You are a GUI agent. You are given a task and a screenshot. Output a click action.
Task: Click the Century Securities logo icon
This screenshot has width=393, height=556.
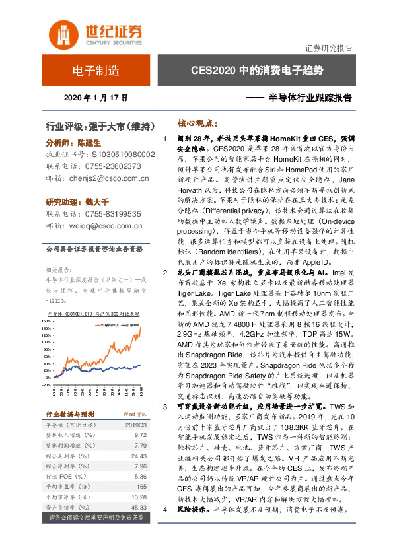tap(63, 33)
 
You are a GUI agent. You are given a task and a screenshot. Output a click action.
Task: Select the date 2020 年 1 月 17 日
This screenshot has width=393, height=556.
tap(96, 98)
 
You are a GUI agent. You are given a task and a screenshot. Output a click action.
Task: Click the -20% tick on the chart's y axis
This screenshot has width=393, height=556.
tap(47, 384)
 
